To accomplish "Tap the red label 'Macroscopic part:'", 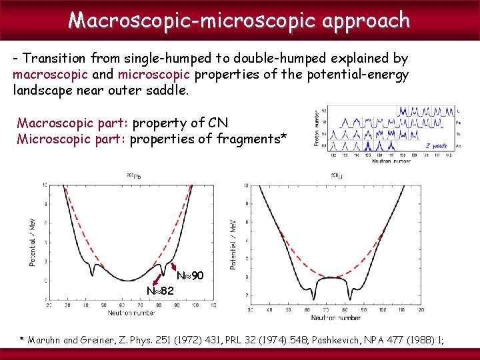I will tap(73, 123).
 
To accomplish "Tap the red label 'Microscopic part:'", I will tap(71, 139).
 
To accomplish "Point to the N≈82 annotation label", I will tap(160, 291).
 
